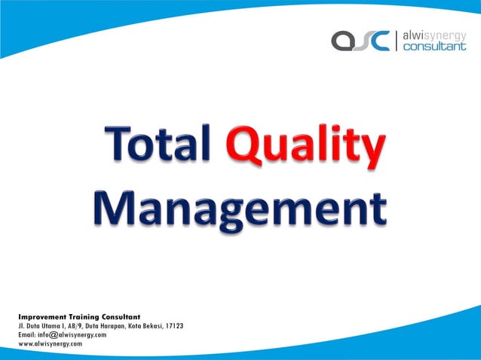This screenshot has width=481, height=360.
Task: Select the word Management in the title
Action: [x=240, y=206]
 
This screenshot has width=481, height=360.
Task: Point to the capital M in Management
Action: [x=115, y=205]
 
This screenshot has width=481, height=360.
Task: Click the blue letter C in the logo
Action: [x=380, y=41]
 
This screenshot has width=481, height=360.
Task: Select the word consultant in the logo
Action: [x=435, y=47]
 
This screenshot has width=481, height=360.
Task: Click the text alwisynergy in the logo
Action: [x=435, y=34]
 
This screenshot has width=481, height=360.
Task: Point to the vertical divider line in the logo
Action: [x=397, y=40]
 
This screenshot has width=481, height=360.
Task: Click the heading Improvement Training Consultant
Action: [x=79, y=317]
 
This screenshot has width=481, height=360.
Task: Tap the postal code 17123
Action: [x=173, y=326]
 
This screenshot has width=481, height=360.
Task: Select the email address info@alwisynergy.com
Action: [x=63, y=334]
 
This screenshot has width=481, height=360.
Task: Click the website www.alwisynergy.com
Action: [x=51, y=343]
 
